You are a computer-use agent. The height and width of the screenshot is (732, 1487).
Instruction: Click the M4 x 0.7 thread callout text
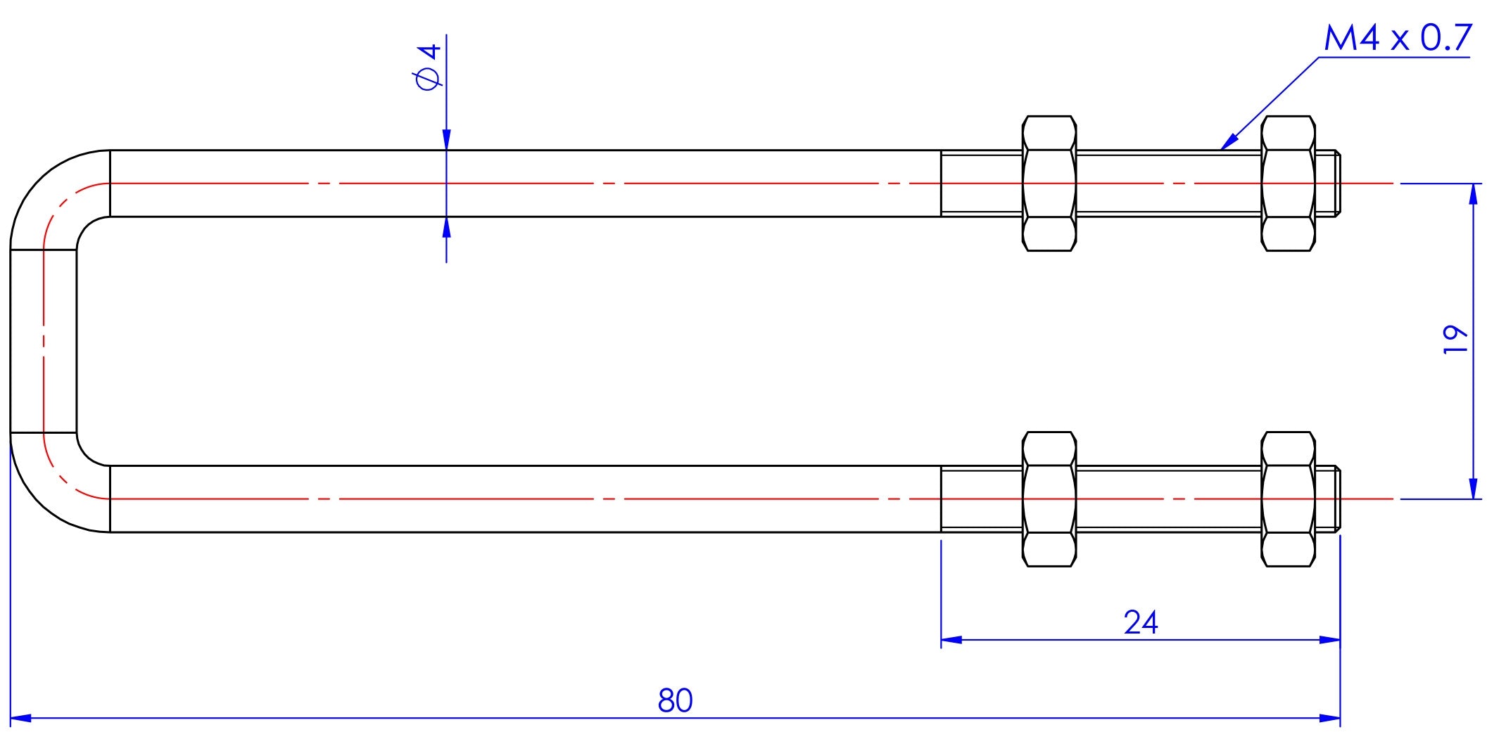[x=1398, y=38]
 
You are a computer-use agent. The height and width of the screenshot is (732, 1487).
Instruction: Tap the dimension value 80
[x=676, y=700]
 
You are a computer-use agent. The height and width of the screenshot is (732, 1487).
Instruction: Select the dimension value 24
[x=1141, y=622]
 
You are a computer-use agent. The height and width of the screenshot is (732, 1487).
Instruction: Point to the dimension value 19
[x=1456, y=340]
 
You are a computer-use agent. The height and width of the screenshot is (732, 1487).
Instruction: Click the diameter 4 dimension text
[x=429, y=67]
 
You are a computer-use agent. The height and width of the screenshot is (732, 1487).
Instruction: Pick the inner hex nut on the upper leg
[x=1049, y=184]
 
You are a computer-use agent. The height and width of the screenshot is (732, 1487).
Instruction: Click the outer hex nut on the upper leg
[x=1289, y=184]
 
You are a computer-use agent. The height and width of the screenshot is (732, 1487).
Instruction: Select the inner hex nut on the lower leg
[x=1049, y=499]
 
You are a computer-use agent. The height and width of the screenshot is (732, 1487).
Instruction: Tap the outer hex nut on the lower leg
[x=1289, y=499]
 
